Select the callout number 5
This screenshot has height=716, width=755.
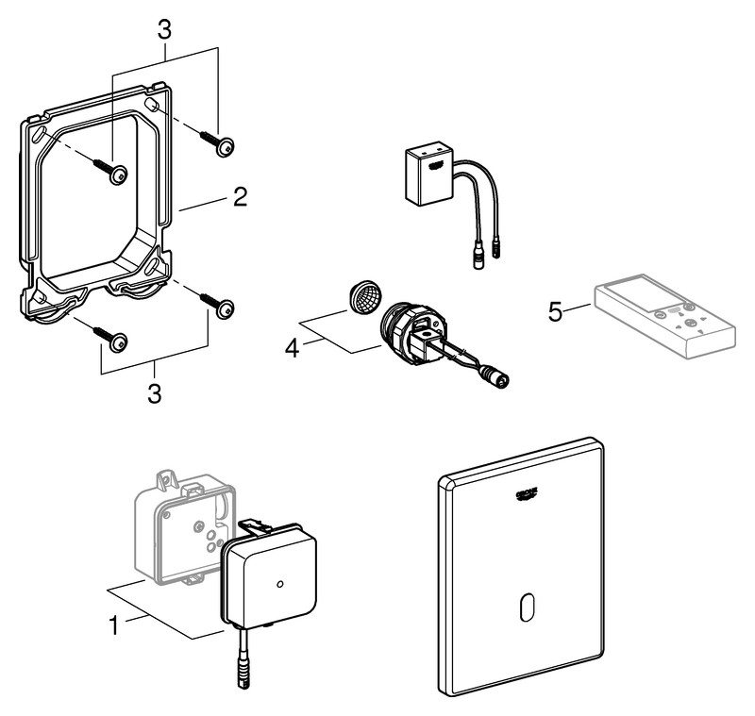[x=557, y=309]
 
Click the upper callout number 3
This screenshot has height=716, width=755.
[x=164, y=29]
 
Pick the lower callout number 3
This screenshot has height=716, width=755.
[x=154, y=392]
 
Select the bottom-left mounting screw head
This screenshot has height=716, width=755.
[x=117, y=343]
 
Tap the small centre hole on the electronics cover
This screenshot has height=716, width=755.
[x=279, y=585]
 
